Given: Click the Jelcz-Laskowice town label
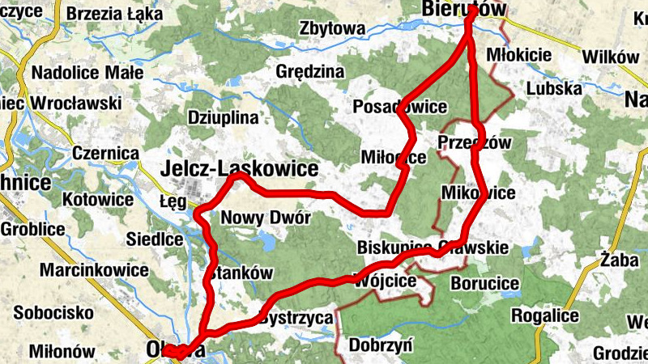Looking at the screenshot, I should click(240, 168).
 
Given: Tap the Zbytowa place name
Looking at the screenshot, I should click(332, 28).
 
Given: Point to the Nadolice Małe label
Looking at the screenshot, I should click(87, 73).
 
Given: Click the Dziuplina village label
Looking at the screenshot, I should click(223, 116).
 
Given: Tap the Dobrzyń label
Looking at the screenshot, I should click(381, 346).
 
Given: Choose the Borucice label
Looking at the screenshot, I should click(484, 283).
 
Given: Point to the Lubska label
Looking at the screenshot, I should click(554, 88).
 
